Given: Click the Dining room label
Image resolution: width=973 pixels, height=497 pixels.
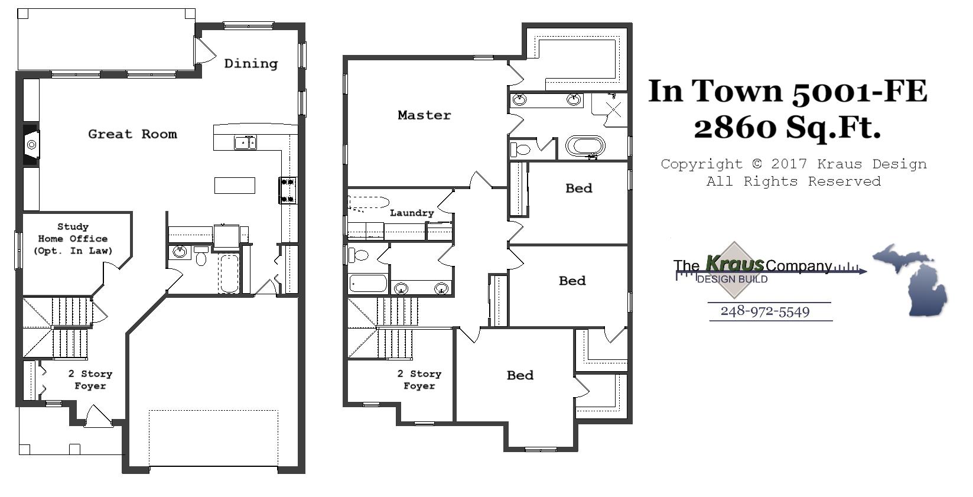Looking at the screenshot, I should (x=250, y=63).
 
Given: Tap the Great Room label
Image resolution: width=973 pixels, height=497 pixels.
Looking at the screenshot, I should (x=132, y=134).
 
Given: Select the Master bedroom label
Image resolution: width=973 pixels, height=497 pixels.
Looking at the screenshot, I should (x=424, y=115).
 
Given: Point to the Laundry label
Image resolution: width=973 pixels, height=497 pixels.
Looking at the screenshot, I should (x=412, y=213).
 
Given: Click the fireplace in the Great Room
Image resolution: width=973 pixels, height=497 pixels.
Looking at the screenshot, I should (x=31, y=145).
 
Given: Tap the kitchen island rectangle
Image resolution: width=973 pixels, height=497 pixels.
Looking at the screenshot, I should (x=235, y=185).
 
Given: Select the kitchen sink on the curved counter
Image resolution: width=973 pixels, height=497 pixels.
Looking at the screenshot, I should (x=245, y=142).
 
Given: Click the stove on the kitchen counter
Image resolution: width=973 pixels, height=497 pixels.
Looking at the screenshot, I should (x=288, y=190).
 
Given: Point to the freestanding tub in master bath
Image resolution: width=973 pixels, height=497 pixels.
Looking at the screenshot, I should (x=585, y=145).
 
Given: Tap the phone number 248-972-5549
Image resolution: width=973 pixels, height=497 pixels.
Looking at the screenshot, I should (x=765, y=311).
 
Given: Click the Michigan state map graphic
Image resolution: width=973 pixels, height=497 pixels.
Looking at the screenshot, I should (x=910, y=279).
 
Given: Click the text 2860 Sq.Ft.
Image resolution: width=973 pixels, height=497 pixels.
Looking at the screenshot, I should (x=787, y=127).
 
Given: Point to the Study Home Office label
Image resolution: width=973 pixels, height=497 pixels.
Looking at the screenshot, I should (x=73, y=238).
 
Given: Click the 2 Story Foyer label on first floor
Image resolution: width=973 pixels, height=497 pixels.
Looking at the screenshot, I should (x=90, y=379).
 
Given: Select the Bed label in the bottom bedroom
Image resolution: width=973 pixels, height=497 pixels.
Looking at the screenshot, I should (x=520, y=375).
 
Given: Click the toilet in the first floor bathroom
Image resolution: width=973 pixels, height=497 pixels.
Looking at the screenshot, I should (x=201, y=256).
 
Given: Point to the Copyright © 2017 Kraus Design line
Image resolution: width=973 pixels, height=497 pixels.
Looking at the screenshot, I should (x=793, y=164).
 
